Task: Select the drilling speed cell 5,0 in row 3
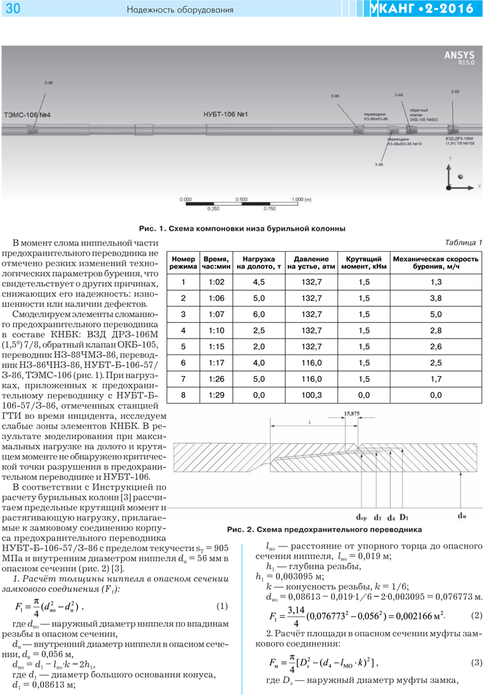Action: (436, 314)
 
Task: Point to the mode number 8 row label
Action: (183, 395)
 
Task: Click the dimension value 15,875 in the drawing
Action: (369, 414)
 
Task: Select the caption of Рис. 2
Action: (324, 529)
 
